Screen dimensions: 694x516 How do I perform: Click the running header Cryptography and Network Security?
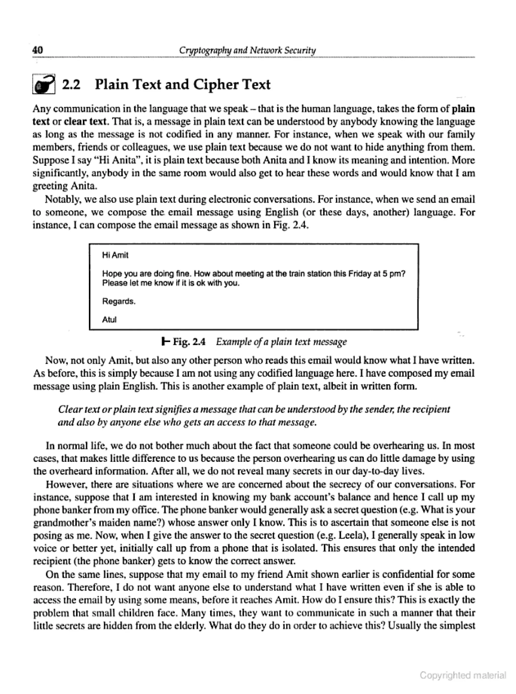click(x=247, y=50)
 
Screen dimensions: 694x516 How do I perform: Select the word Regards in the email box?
click(x=118, y=301)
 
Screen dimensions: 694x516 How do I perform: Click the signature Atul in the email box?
click(x=109, y=320)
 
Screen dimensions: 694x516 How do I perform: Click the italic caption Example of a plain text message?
click(x=281, y=342)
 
